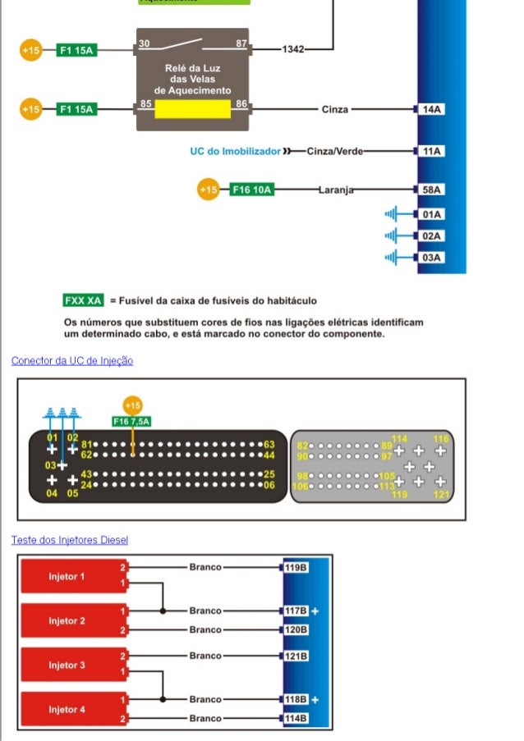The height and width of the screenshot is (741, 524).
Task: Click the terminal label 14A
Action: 431,109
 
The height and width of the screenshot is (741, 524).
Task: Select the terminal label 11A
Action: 431,151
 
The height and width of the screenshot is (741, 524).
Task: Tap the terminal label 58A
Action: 431,190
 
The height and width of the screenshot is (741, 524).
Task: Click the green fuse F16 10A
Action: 252,190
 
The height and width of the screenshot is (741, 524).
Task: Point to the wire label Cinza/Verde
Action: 334,151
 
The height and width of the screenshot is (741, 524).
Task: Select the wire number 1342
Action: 293,49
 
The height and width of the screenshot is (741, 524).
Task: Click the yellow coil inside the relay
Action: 192,109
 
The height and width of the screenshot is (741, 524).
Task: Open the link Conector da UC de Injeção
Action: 72,360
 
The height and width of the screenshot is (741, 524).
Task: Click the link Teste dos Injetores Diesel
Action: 70,540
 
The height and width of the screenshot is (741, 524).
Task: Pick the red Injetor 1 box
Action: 71,576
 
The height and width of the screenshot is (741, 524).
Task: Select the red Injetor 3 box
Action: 71,665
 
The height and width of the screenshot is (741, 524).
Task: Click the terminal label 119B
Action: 296,567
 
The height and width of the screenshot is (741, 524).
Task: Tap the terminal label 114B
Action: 296,718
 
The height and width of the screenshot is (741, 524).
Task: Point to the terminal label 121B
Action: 296,656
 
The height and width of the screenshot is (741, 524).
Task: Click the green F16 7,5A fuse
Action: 131,421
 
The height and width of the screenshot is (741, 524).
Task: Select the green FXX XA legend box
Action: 84,300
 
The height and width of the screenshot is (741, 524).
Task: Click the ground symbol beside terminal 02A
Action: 393,236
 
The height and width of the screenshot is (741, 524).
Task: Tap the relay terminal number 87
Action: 241,43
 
